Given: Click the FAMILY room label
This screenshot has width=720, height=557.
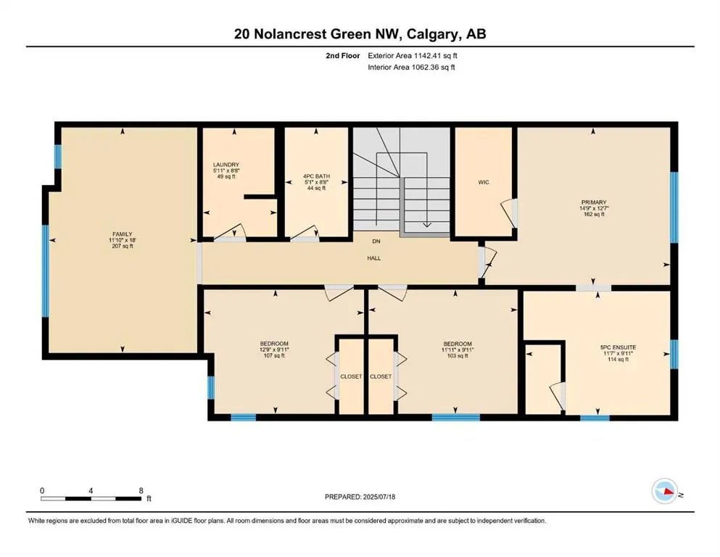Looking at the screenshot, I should click(120, 234).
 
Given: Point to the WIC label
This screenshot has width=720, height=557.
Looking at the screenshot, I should click(484, 182).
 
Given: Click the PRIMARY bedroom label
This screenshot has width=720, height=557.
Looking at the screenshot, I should click(592, 202).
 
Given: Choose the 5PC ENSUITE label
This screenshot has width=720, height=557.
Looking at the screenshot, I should click(598, 347).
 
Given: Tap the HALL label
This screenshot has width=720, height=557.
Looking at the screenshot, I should click(373, 257).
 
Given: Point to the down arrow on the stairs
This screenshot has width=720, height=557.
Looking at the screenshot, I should click(426, 220).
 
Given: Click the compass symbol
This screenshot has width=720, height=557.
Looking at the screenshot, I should click(664, 492).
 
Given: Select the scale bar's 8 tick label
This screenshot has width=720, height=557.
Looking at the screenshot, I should click(140, 490).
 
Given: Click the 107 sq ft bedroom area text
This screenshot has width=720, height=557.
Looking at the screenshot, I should click(274, 355).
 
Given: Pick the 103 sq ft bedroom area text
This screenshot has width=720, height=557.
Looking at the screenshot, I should click(458, 355).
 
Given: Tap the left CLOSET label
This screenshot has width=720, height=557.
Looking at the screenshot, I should click(351, 376).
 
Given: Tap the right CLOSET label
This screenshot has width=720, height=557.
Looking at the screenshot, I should click(381, 376).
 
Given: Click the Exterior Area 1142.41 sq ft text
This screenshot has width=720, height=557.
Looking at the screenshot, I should click(413, 55).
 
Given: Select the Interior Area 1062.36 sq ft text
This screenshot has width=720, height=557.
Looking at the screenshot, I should click(412, 67).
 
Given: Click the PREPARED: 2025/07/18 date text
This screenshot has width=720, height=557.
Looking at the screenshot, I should click(360, 498).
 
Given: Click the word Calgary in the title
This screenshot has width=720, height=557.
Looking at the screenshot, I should click(429, 34).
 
